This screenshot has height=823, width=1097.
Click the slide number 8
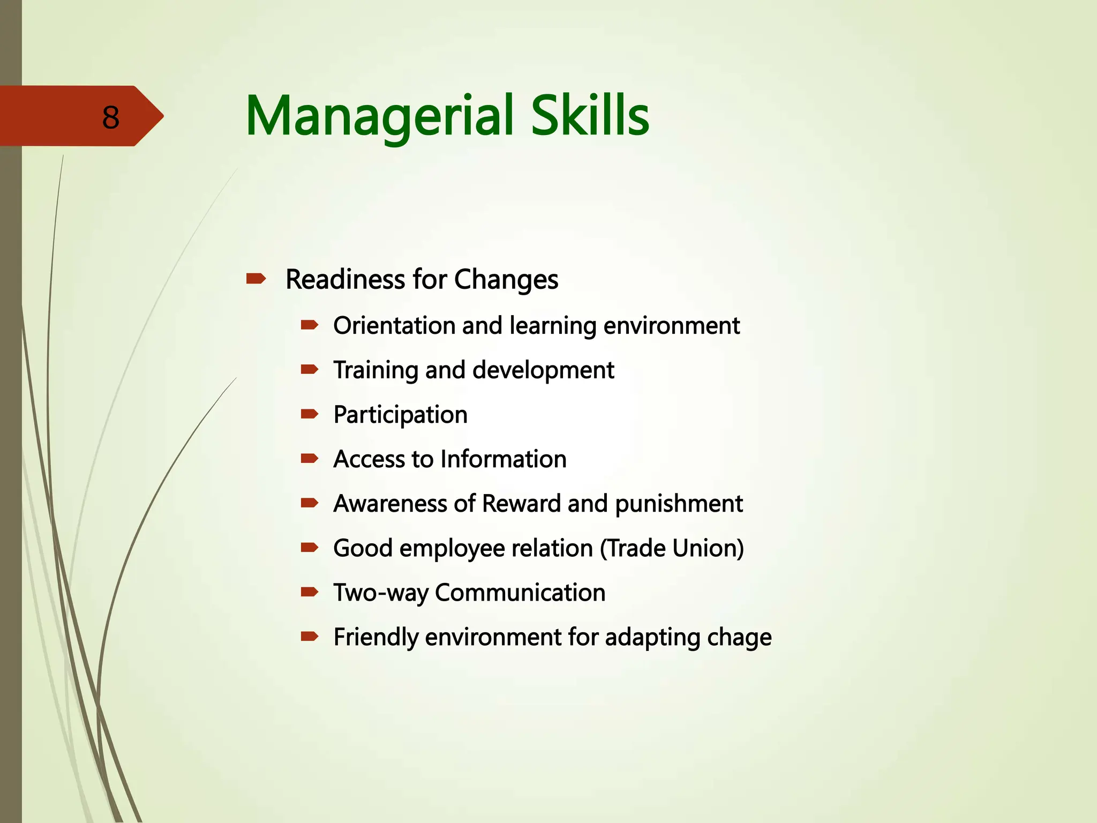pos(111,117)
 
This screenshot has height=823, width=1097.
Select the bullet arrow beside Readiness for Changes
pos(256,279)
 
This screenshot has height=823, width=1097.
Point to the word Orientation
pos(392,326)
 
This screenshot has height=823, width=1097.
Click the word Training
pos(375,371)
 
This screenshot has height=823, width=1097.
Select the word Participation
pos(400,415)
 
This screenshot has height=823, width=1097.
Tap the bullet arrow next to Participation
pos(310,414)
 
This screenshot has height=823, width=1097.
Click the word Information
pos(504,459)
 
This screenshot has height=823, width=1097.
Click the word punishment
pos(679,504)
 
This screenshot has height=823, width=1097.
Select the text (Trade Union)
pos(672,548)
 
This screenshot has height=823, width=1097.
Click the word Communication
pos(520,593)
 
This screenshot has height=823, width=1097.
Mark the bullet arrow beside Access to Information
pos(310,458)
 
